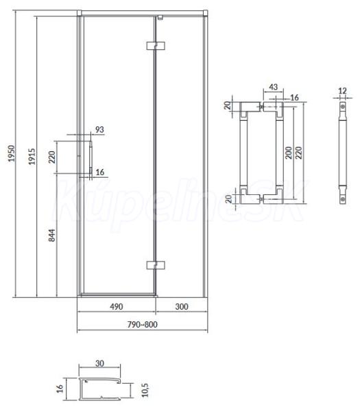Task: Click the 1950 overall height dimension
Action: point(12,153)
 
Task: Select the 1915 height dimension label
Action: point(32,157)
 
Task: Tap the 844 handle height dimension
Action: point(52,235)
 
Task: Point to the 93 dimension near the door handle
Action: point(99,130)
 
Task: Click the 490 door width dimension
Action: point(117,307)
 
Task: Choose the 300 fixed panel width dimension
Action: point(182,307)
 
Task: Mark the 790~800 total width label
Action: point(143,325)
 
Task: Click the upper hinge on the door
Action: point(156,46)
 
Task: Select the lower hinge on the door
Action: point(156,265)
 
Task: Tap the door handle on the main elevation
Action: point(91,158)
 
